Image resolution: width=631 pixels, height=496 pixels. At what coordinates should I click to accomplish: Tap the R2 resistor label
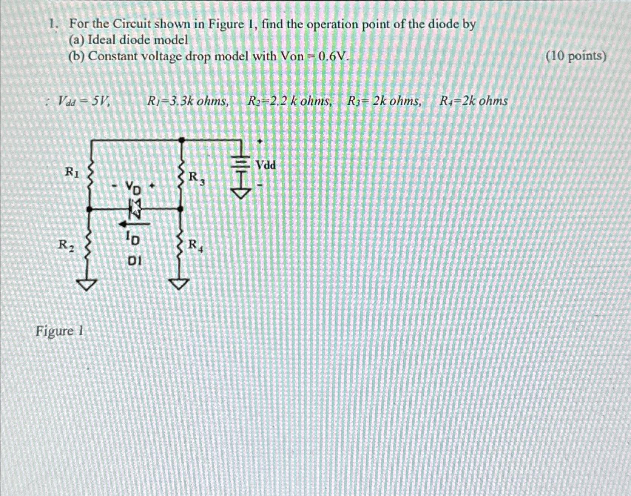click(x=66, y=245)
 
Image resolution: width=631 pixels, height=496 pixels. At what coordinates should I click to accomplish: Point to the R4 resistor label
click(x=196, y=246)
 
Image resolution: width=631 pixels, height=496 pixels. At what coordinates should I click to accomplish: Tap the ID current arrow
click(x=134, y=224)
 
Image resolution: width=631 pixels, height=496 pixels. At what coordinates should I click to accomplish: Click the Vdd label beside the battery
click(x=266, y=165)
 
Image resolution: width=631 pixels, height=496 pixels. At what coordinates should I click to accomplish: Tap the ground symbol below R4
click(x=180, y=284)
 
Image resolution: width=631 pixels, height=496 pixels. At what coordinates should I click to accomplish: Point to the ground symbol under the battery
click(x=242, y=193)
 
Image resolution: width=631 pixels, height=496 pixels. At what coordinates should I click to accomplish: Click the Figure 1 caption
click(x=59, y=332)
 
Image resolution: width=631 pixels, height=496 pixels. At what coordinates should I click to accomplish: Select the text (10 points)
click(x=576, y=57)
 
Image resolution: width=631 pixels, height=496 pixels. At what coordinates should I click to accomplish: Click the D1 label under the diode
click(x=135, y=261)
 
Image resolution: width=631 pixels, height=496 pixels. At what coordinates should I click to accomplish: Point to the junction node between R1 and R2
click(x=89, y=209)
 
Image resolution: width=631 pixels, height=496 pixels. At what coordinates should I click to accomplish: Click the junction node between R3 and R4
click(x=181, y=209)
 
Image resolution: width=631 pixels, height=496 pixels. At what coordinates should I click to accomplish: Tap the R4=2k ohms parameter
click(x=474, y=101)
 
